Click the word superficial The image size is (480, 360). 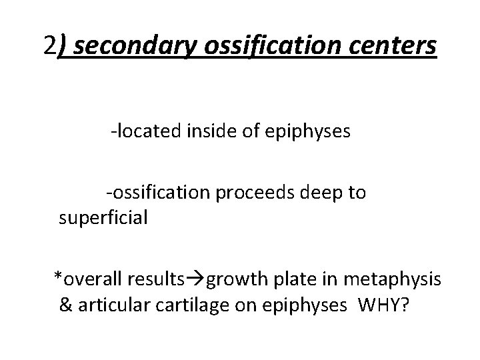pyautogui.click(x=103, y=218)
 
